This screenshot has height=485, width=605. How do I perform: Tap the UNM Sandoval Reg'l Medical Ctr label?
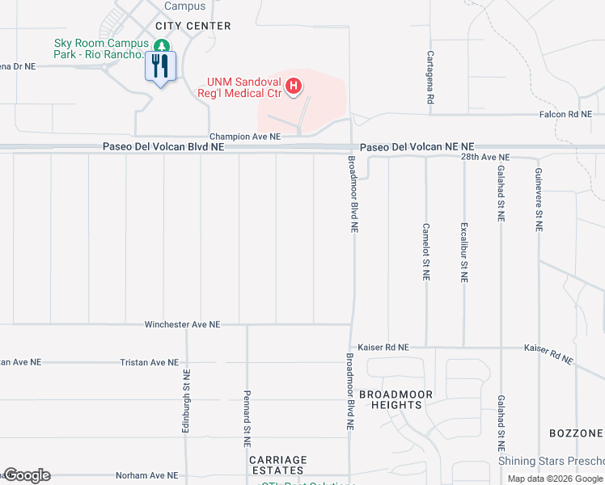point(243,87)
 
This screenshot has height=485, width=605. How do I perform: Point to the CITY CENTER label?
point(188,26)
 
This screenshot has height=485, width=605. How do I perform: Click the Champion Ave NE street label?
point(244,137)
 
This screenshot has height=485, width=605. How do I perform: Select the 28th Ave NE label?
point(484,157)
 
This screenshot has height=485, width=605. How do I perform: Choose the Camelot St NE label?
point(425,251)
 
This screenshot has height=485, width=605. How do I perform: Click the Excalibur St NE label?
point(463,251)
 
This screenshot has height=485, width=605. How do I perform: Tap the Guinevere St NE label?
point(538,200)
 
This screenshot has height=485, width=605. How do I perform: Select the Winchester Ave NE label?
point(182,325)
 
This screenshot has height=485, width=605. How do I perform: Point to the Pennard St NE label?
point(247,419)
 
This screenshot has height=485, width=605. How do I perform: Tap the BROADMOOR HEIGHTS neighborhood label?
point(396,399)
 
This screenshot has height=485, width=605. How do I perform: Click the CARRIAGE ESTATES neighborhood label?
point(277,466)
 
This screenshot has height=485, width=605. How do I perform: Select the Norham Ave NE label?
point(146,476)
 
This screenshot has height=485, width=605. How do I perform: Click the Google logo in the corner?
point(27,475)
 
